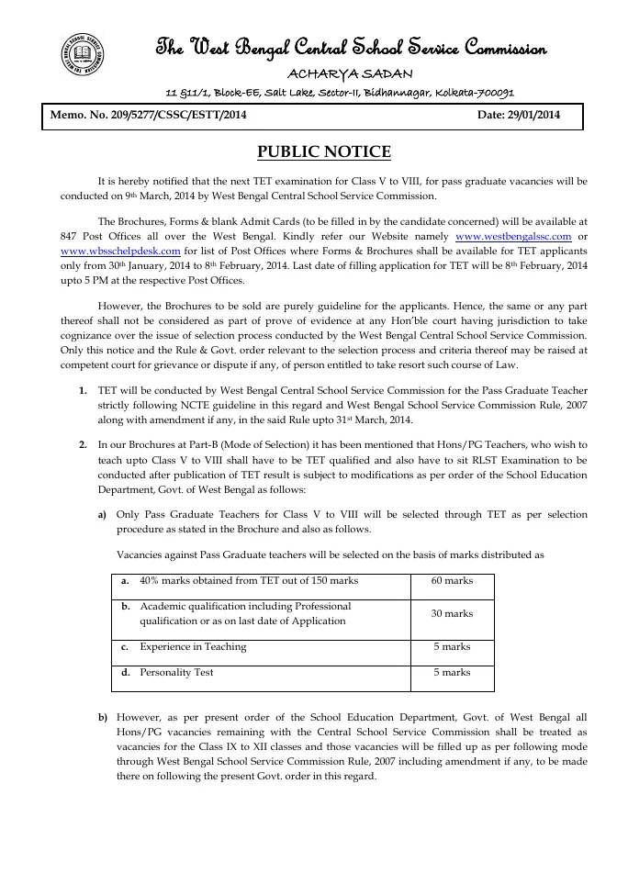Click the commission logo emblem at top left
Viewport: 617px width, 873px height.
pyautogui.click(x=80, y=54)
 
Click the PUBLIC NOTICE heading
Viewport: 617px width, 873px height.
pyautogui.click(x=323, y=151)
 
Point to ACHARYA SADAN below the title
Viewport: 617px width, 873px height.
pyautogui.click(x=350, y=73)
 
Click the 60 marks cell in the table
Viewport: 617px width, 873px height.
pyautogui.click(x=452, y=581)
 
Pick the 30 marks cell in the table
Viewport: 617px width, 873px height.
pyautogui.click(x=452, y=613)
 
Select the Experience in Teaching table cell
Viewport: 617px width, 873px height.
pyautogui.click(x=193, y=647)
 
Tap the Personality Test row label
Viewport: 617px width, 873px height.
pyautogui.click(x=178, y=673)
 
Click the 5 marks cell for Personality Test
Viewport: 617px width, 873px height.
pyautogui.click(x=452, y=673)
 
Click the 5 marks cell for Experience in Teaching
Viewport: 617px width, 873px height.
pyautogui.click(x=452, y=647)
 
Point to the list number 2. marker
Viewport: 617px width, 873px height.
pyautogui.click(x=84, y=444)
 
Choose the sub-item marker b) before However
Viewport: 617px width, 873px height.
pyautogui.click(x=103, y=716)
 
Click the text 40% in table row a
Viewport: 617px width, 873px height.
pyautogui.click(x=150, y=581)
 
